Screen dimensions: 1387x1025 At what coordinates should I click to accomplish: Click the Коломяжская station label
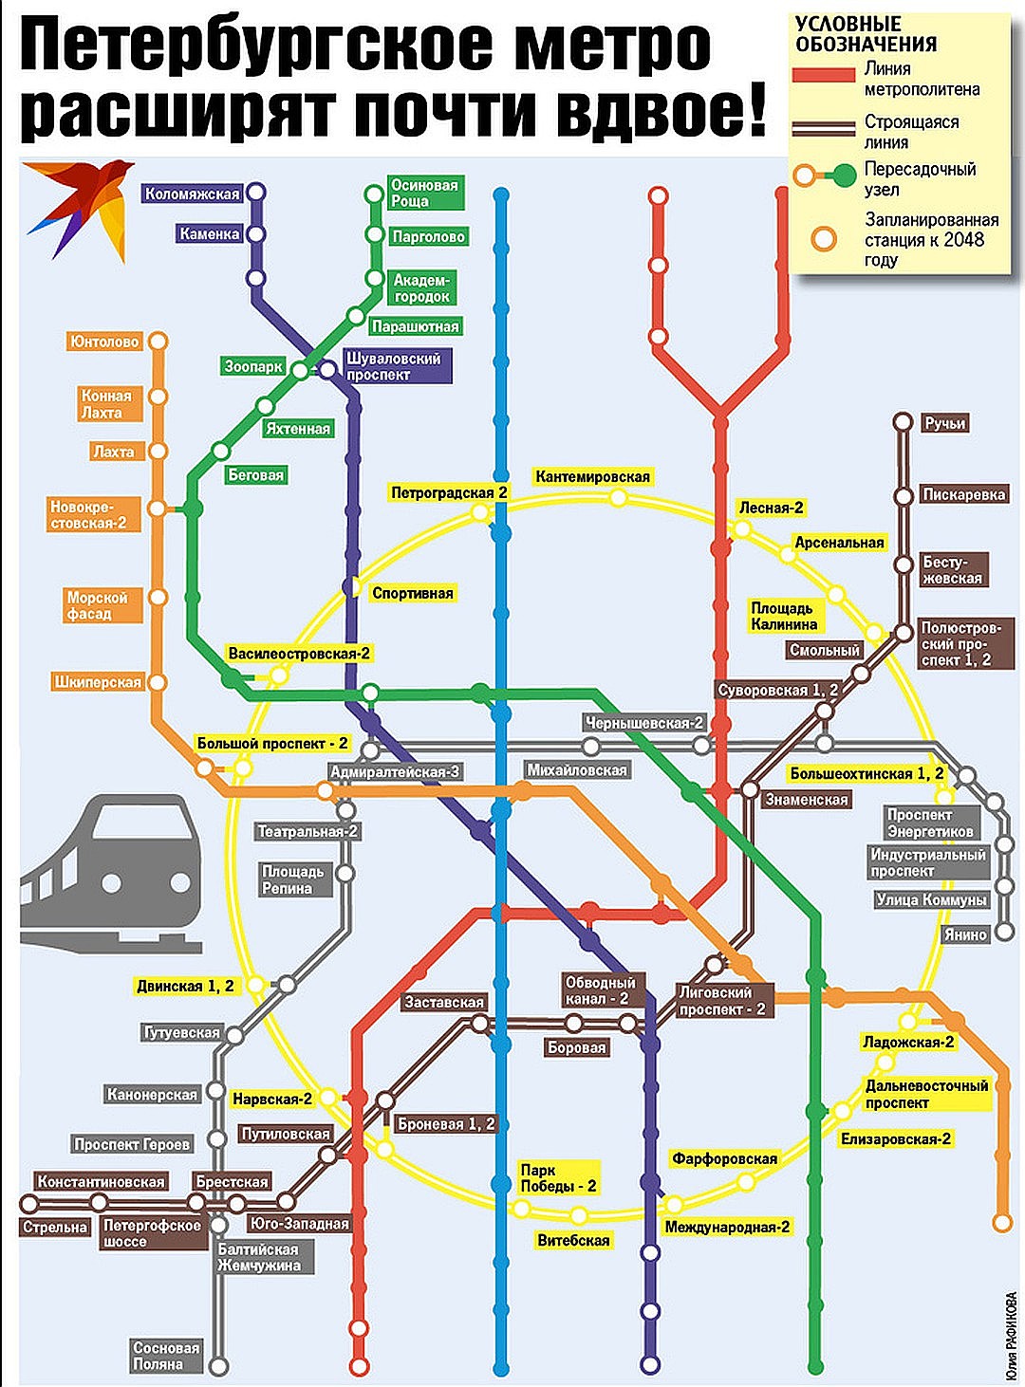point(193,194)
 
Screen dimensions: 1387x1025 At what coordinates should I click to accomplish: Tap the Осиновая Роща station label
point(423,193)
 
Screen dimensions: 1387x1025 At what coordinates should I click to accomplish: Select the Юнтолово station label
point(104,342)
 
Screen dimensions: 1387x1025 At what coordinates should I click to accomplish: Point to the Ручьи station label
point(944,423)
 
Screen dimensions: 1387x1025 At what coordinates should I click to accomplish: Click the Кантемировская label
point(592,476)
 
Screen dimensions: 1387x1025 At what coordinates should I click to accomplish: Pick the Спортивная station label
point(412,593)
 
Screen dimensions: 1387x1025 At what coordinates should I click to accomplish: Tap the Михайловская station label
point(577,770)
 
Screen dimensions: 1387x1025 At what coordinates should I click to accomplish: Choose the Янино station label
point(965,934)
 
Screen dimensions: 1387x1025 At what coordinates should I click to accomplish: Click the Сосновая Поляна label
point(166,1356)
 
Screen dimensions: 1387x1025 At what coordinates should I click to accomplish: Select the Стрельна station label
point(55,1227)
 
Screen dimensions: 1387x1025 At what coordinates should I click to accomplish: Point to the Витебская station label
point(573,1240)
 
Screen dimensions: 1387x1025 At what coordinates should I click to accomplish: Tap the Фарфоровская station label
point(724,1158)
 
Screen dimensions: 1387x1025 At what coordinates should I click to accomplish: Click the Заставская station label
point(444,1002)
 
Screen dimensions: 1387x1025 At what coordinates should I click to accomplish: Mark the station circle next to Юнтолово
point(158,342)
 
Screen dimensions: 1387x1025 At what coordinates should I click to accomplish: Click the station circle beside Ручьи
point(903,423)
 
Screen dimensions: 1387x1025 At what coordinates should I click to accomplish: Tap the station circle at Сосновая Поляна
point(218,1366)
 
